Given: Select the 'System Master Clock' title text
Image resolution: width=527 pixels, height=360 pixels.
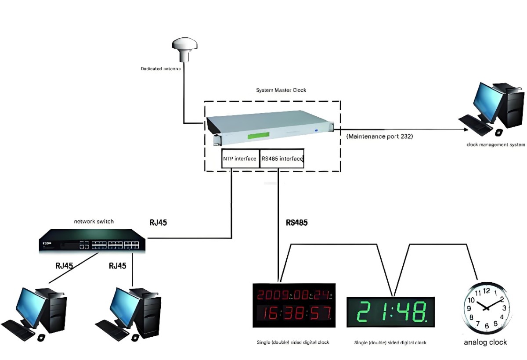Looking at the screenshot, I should (281, 90).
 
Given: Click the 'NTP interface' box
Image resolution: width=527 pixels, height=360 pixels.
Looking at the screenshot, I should (239, 159).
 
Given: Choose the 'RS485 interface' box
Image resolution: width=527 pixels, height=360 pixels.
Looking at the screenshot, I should (282, 159).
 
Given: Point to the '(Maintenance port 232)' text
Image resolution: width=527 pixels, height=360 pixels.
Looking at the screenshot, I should (380, 137).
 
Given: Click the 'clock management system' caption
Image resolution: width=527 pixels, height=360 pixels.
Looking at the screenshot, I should (495, 144).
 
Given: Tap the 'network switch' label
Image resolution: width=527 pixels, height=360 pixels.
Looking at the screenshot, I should (94, 221).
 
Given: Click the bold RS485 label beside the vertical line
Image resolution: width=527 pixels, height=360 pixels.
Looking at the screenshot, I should (297, 223).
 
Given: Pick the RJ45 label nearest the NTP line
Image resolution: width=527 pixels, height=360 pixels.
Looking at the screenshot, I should (158, 223).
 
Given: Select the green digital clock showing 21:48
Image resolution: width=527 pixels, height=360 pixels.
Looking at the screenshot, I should (390, 312).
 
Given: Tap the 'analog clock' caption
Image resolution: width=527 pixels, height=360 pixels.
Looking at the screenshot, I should (485, 342).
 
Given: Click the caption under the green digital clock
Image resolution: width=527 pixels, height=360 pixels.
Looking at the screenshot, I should (390, 342).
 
